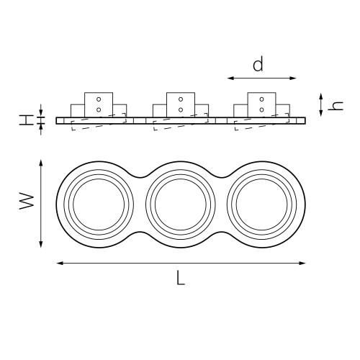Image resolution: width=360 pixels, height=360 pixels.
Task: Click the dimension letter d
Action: coord(258,64)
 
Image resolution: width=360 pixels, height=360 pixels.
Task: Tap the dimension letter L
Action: coord(181,277)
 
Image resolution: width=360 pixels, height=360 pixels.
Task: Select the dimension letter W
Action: coord(27,202)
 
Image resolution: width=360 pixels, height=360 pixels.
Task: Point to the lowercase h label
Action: coord(336,106)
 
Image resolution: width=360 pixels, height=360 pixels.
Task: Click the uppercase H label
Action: coord(27,120)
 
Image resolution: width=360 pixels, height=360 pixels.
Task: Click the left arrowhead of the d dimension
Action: coord(230,78)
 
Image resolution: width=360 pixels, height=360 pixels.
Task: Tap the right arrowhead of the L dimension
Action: coord(302,264)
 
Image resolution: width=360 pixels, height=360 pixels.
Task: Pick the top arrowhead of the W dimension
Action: coord(41,163)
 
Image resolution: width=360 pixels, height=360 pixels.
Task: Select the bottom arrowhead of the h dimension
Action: coord(321,113)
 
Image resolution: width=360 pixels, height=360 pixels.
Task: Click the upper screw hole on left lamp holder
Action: coord(99,99)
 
